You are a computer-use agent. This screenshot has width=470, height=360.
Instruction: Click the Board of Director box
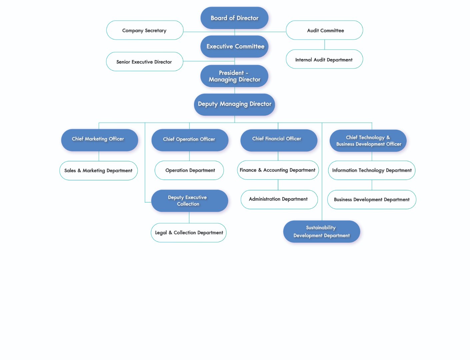[x=234, y=18]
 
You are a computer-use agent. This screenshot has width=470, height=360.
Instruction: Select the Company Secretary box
[x=145, y=30]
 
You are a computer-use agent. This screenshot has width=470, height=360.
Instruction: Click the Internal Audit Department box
[x=324, y=59]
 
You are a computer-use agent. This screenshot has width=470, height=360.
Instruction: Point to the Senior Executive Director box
[x=144, y=62]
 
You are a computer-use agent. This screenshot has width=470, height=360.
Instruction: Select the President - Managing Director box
[x=234, y=76]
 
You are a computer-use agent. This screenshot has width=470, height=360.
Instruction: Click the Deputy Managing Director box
[x=234, y=104]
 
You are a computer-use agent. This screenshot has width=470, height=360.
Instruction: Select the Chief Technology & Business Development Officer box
[x=368, y=141]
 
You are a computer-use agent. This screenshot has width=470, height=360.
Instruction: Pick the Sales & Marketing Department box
[x=99, y=171]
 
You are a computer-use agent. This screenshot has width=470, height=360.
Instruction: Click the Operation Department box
[x=189, y=170]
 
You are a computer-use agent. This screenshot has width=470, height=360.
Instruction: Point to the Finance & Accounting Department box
[x=278, y=170]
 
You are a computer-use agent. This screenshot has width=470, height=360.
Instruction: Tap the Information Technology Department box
[x=372, y=170]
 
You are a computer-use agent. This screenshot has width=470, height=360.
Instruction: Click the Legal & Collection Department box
[x=189, y=233]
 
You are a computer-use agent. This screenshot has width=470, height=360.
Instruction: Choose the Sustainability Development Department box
[x=321, y=231]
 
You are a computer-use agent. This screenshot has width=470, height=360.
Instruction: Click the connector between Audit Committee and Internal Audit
[x=325, y=45]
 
